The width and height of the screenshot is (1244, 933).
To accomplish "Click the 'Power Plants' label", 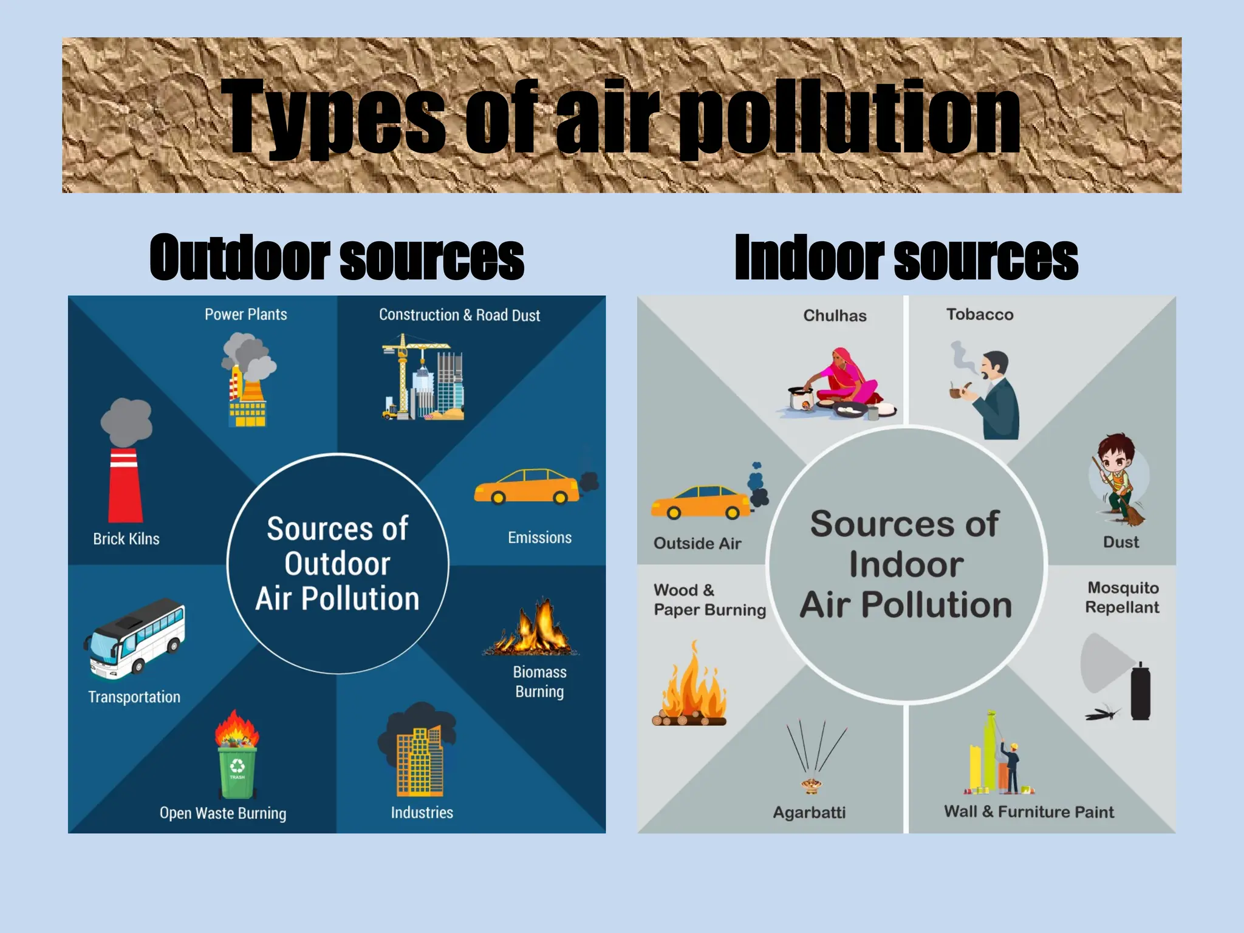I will (x=245, y=315).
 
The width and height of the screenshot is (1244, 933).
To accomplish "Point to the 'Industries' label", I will (x=422, y=813).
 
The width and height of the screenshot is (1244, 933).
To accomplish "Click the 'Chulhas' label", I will (x=835, y=316).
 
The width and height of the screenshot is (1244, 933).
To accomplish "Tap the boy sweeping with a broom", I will (x=1118, y=480).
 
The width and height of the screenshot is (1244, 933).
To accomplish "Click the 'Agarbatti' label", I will (x=809, y=813).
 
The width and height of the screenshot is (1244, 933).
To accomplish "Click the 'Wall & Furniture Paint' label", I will (x=1029, y=812).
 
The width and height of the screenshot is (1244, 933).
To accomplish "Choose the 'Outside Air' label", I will (x=697, y=544).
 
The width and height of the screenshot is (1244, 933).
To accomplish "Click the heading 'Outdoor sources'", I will (x=337, y=258).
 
